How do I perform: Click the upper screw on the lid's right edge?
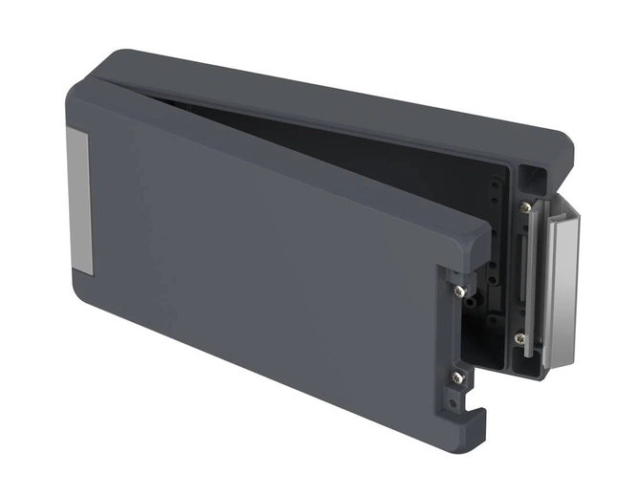tap(460, 290)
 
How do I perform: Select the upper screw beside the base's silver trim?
tap(525, 206)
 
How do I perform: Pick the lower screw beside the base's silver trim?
tap(519, 338)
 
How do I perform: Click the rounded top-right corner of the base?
tap(564, 143)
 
